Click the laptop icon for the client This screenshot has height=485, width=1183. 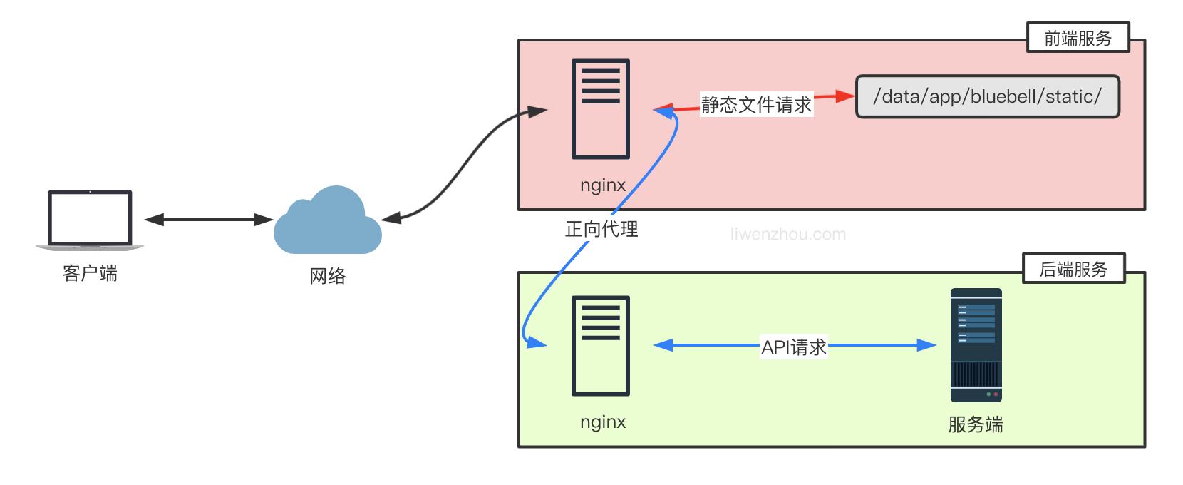point(90,220)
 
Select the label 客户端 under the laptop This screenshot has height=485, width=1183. point(90,274)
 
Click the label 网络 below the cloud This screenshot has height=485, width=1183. point(328,276)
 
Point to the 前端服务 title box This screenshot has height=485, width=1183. point(1078,38)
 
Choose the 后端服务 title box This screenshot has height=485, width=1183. point(1073,269)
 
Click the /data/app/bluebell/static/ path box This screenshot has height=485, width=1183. point(987,96)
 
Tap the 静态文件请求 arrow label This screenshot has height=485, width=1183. point(756,105)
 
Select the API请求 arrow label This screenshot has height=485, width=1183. point(794,347)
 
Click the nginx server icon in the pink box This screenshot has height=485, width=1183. point(601,109)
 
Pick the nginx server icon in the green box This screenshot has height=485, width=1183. point(601,345)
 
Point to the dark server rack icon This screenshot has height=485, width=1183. point(976,345)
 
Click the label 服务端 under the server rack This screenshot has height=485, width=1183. point(976,425)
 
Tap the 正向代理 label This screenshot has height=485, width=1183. point(601,229)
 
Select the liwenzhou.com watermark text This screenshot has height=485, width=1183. point(788,234)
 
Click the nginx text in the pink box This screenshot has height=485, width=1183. point(603,185)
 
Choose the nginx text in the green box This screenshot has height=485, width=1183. point(603,422)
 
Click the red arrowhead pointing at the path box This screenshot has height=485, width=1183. point(845,96)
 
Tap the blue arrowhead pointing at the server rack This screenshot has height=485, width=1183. point(926,345)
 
